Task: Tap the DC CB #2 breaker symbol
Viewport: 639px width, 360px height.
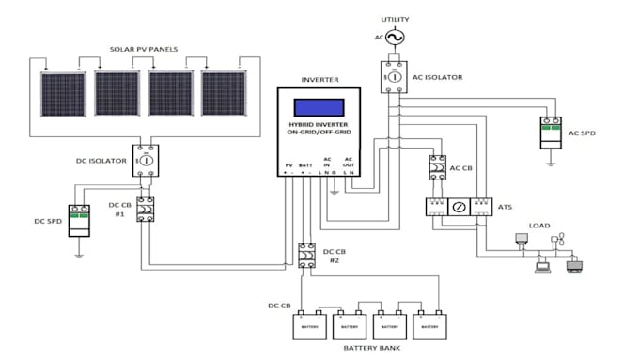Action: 306,257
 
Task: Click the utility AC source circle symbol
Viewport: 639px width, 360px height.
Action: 394,37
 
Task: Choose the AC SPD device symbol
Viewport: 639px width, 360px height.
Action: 552,133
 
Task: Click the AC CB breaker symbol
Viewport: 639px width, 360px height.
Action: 437,167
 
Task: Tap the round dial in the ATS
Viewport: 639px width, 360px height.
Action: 459,206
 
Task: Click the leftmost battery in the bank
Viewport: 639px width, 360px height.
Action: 309,325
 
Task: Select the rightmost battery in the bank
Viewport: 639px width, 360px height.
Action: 429,325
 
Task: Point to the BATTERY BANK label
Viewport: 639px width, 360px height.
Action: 369,350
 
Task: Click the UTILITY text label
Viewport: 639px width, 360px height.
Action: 395,19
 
